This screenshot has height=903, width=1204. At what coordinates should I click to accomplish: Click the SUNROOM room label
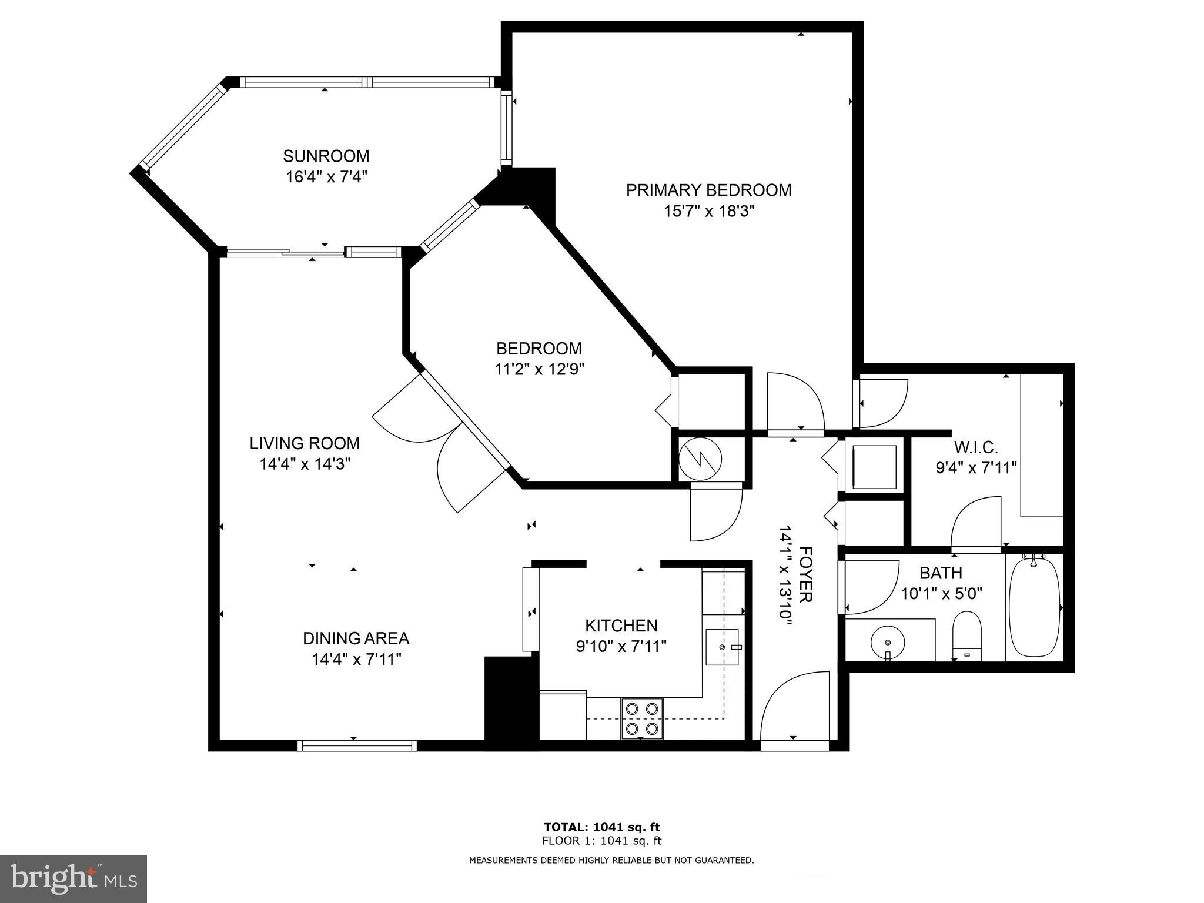[x=326, y=156]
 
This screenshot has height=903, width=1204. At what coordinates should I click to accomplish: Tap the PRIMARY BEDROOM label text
[x=708, y=190]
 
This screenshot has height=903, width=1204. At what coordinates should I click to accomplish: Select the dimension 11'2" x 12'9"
[x=539, y=369]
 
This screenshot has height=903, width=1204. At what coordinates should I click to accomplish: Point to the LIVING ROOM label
[x=305, y=443]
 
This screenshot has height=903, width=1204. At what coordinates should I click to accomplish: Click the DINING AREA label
[x=356, y=638]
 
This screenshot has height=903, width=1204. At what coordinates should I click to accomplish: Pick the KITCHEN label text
[x=621, y=626]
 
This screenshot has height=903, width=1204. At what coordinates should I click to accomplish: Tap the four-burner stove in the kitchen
[x=642, y=718]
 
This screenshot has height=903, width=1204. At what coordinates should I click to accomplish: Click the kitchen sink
[x=722, y=647]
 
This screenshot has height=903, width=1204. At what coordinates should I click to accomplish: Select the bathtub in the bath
[x=1034, y=607]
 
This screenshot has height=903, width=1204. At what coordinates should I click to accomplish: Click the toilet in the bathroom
[x=966, y=635]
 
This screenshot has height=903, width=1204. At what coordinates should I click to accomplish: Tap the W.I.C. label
[x=976, y=447]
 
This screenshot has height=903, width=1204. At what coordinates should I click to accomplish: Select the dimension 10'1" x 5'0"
[x=942, y=594]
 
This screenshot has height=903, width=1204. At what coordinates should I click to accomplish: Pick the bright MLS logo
[x=73, y=879]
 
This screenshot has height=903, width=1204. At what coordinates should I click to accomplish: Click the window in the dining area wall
[x=357, y=745]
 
